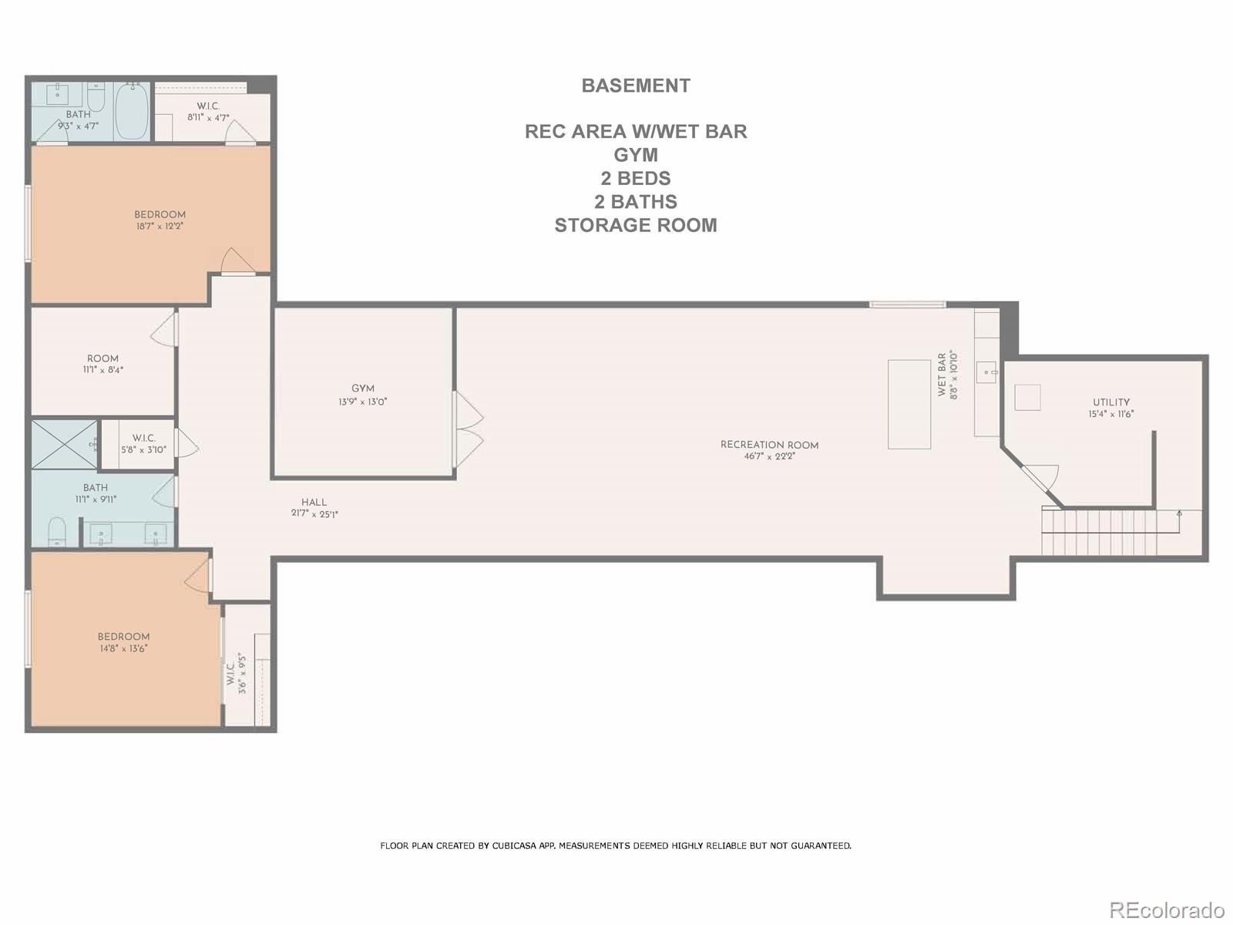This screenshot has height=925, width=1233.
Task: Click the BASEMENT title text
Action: [636, 86]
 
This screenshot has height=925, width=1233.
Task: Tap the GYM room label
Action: [363, 388]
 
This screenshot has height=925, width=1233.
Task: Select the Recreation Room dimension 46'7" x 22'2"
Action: [769, 456]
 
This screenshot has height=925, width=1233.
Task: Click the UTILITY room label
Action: [1110, 402]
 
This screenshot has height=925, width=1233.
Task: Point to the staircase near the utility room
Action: [1100, 532]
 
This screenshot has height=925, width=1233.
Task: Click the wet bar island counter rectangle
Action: [909, 404]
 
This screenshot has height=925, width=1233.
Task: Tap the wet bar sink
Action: [986, 372]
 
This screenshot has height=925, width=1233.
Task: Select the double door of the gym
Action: [468, 429]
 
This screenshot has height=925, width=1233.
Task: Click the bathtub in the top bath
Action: [132, 112]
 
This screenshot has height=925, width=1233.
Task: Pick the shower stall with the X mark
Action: [65, 444]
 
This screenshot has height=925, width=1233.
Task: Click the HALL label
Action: [314, 502]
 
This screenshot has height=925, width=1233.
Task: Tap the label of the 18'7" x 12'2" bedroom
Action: [160, 215]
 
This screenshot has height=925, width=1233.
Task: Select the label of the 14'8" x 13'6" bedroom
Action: [123, 637]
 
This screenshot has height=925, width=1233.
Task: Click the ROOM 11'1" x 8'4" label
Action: [103, 358]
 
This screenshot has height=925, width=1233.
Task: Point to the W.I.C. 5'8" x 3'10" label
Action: [143, 439]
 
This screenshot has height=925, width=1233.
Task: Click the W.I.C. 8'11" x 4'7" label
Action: [208, 106]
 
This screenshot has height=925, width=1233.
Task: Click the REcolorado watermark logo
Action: [1167, 910]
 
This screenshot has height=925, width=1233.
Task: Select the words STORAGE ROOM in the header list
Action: [636, 225]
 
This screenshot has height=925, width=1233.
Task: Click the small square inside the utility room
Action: [1026, 398]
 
